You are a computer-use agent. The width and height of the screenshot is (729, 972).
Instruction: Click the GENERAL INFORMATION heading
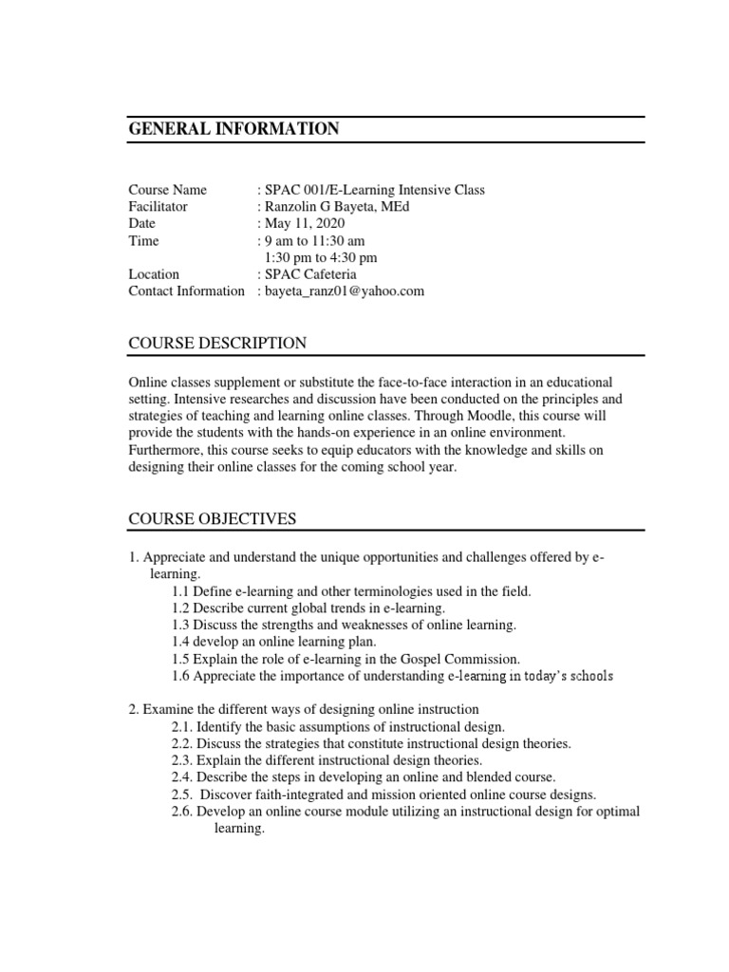point(234,130)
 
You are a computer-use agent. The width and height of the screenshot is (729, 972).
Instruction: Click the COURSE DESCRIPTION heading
point(217,343)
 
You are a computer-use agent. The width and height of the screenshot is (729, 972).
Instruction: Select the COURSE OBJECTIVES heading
point(213,518)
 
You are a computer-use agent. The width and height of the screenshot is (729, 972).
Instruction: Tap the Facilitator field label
point(158,206)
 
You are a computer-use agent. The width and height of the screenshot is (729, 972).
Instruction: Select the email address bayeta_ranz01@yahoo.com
point(344,291)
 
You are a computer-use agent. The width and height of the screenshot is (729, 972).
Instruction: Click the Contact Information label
point(186,291)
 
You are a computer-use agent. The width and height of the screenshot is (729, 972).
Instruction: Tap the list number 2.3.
point(182,760)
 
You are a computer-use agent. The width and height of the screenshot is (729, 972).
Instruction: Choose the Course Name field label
point(167,189)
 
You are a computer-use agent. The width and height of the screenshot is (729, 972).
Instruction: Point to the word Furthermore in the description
point(164,451)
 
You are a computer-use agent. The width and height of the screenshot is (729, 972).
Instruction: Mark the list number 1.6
point(180,676)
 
